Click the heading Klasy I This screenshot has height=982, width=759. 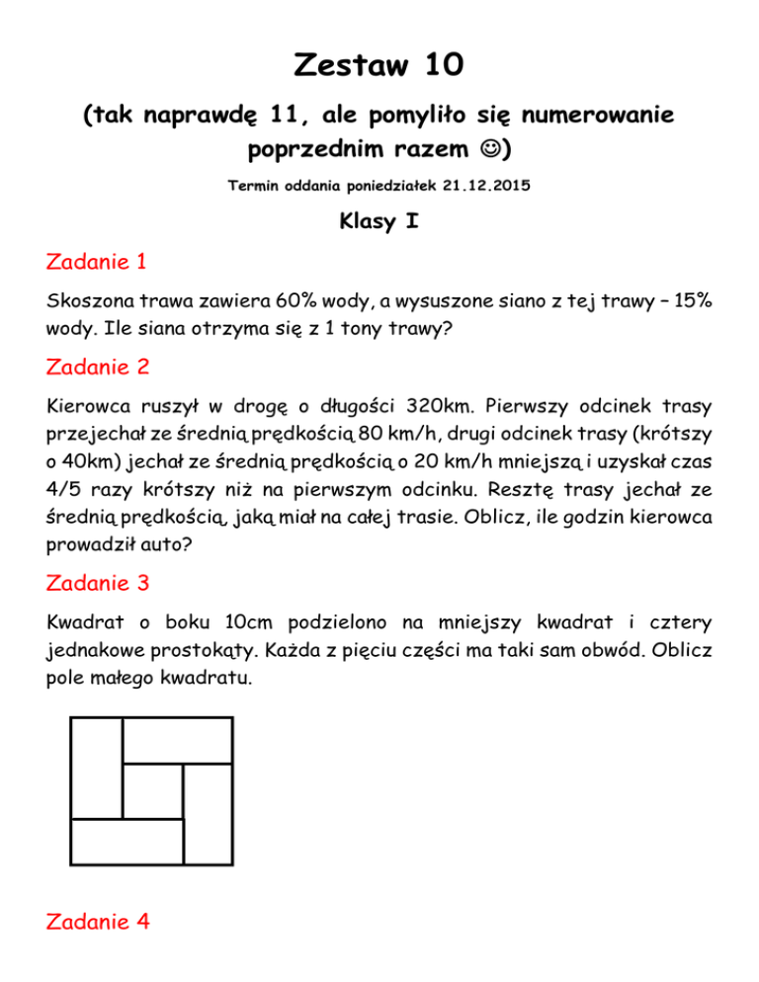379,223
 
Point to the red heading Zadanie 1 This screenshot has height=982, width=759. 98,263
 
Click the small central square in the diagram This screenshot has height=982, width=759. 153,790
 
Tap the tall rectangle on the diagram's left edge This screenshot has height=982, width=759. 96,768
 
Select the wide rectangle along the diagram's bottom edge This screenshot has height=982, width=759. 126,841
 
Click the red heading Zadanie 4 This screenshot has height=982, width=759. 98,922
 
